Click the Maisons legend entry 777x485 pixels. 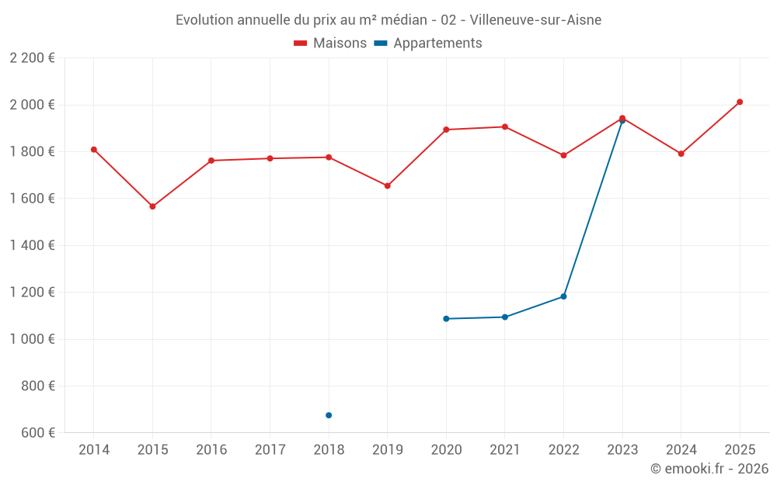pyautogui.click(x=330, y=43)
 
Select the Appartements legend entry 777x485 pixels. pyautogui.click(x=428, y=43)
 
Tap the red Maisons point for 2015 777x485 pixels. pyautogui.click(x=152, y=206)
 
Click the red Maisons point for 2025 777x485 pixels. pyautogui.click(x=740, y=102)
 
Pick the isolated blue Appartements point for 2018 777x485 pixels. pyautogui.click(x=329, y=415)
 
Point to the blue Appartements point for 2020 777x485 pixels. pyautogui.click(x=446, y=319)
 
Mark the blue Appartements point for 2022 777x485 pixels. pyautogui.click(x=563, y=296)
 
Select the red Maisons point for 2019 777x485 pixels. pyautogui.click(x=387, y=185)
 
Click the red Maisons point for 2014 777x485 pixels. pyautogui.click(x=93, y=149)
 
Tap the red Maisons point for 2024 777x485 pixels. pyautogui.click(x=681, y=154)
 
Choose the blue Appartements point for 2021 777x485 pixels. pyautogui.click(x=505, y=317)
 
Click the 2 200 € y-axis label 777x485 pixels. pyautogui.click(x=33, y=58)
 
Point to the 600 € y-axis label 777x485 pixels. pyautogui.click(x=39, y=432)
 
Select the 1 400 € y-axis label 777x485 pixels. pyautogui.click(x=33, y=245)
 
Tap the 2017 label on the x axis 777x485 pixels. pyautogui.click(x=270, y=450)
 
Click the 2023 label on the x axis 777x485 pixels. pyautogui.click(x=622, y=450)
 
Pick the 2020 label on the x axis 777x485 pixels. pyautogui.click(x=446, y=450)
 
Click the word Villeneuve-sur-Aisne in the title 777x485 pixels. pyautogui.click(x=535, y=19)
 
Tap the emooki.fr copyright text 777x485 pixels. pyautogui.click(x=709, y=469)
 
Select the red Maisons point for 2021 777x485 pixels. pyautogui.click(x=505, y=126)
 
